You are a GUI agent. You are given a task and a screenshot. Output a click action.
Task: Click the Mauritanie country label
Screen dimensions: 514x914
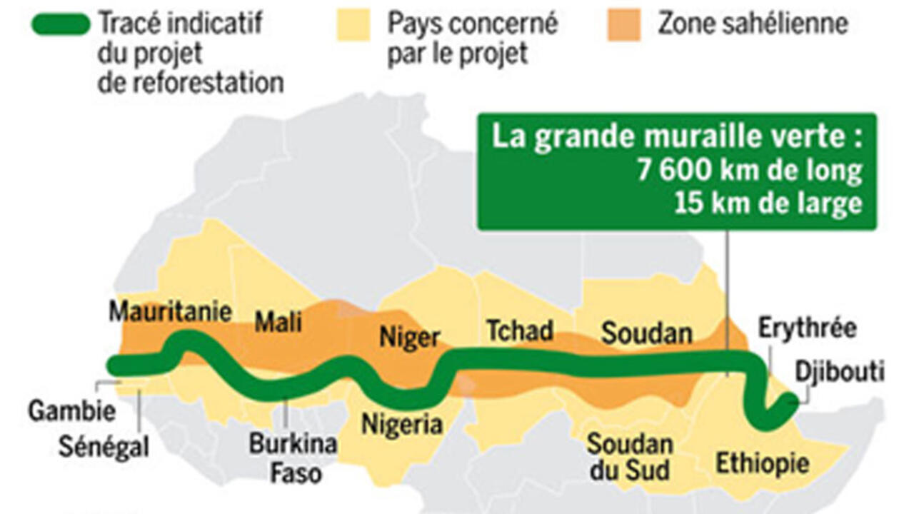(170, 312)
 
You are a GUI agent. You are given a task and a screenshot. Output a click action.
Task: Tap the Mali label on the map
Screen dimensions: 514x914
(278, 322)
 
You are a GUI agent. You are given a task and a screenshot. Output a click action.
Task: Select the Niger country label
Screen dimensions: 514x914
(409, 336)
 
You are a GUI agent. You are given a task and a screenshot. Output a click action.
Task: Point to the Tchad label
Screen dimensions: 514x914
(519, 331)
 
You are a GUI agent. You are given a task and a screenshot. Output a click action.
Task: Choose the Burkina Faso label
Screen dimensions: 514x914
(293, 458)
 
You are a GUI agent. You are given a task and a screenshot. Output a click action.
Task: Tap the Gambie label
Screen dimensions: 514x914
(71, 411)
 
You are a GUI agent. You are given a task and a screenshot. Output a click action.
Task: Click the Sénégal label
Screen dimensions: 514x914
(104, 448)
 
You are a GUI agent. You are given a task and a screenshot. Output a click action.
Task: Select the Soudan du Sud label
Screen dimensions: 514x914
(629, 457)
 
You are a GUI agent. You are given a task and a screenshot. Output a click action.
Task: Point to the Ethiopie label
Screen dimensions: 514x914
(762, 463)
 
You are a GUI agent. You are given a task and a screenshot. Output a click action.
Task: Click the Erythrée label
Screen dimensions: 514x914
(807, 329)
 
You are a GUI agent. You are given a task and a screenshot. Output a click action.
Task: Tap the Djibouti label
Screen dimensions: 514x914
(840, 371)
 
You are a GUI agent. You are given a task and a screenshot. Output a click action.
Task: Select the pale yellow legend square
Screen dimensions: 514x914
(353, 24)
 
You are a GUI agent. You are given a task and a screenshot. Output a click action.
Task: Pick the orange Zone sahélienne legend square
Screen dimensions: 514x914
(624, 24)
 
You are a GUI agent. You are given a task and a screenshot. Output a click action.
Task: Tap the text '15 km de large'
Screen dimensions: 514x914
(768, 204)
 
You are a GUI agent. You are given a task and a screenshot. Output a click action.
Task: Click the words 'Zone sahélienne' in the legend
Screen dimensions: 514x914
(753, 24)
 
